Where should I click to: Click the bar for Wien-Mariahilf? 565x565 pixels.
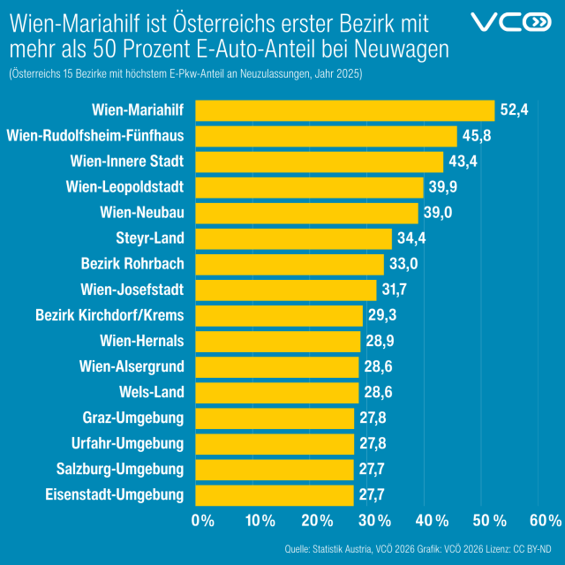tap(344, 110)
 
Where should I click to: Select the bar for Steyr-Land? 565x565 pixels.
tap(293, 238)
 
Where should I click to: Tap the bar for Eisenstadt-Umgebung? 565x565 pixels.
tap(274, 494)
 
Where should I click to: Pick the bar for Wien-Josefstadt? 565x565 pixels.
tap(285, 290)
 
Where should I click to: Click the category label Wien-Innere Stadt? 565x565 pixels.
tap(126, 162)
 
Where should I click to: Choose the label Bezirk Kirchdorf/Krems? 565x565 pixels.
tap(109, 315)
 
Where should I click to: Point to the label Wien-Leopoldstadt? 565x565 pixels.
tap(124, 187)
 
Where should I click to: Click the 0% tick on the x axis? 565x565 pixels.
tap(203, 520)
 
